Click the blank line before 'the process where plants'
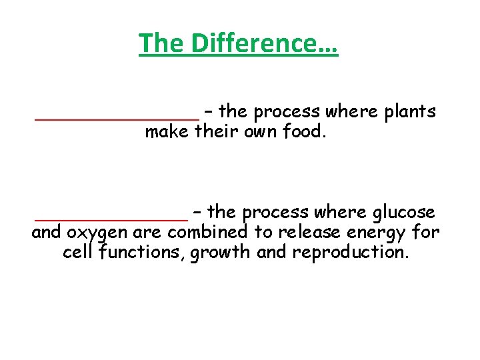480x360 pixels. (x=117, y=119)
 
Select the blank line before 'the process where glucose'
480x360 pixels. (x=111, y=219)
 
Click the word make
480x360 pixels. (x=167, y=132)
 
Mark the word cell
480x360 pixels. (x=79, y=253)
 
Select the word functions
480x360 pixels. (x=141, y=253)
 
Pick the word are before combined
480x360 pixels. (x=148, y=233)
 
